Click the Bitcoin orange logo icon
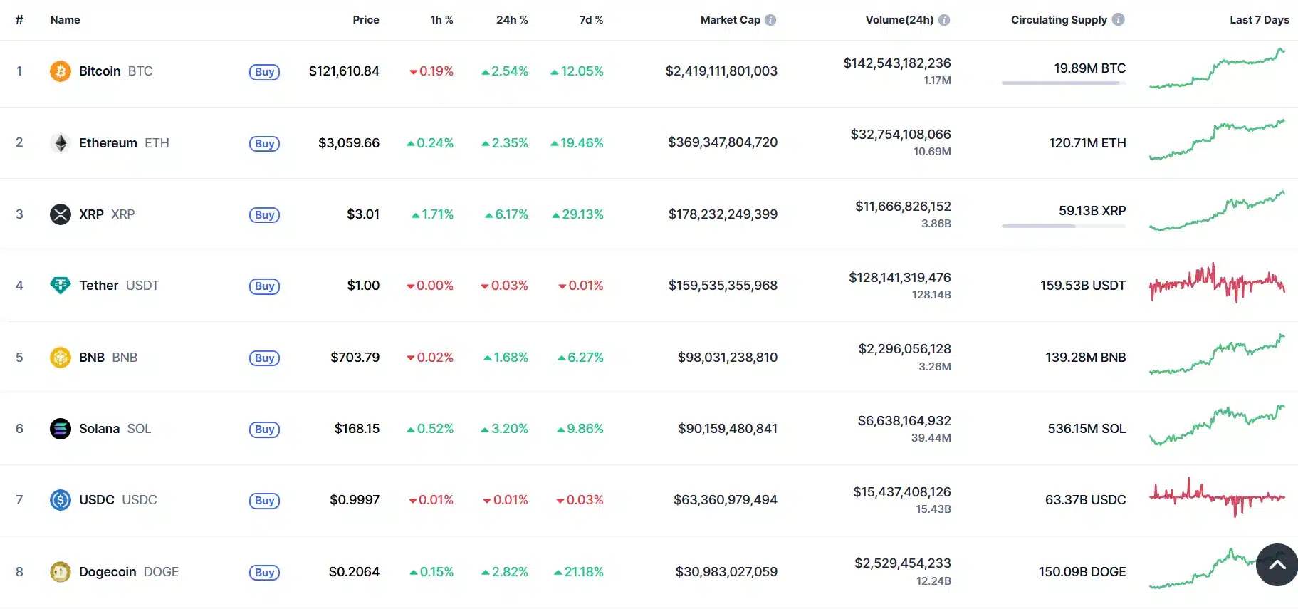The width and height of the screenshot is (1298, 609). click(x=61, y=71)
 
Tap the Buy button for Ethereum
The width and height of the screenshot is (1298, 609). click(x=264, y=144)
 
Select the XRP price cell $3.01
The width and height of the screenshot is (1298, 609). click(x=363, y=214)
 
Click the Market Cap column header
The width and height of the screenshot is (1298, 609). click(x=730, y=20)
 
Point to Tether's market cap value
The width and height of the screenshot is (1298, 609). click(x=723, y=286)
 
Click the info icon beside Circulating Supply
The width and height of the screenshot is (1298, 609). click(x=1119, y=20)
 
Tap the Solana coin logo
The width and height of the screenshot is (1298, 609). click(x=61, y=429)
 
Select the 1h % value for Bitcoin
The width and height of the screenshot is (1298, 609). click(x=431, y=71)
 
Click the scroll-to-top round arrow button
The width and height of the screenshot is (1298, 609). click(x=1277, y=565)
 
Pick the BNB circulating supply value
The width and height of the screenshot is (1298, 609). click(x=1085, y=358)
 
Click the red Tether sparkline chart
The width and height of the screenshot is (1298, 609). click(x=1217, y=283)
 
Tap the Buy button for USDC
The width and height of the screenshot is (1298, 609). click(x=264, y=501)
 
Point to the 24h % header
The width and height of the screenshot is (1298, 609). click(x=512, y=20)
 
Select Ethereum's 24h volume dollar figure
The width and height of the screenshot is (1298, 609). click(x=901, y=135)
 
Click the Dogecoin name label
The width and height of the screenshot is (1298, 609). click(x=108, y=572)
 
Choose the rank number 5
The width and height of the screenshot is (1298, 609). click(x=19, y=358)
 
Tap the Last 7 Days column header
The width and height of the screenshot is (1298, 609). click(x=1259, y=20)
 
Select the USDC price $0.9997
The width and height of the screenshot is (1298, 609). click(x=355, y=500)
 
